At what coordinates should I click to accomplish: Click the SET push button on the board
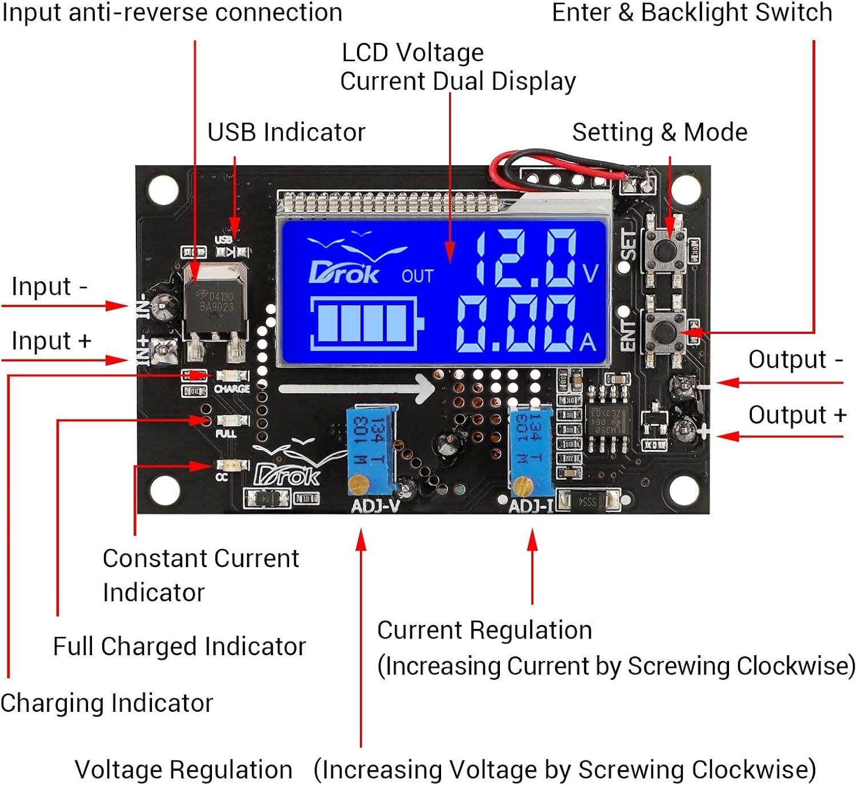pos(664,249)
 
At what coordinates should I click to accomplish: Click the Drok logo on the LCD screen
pos(344,273)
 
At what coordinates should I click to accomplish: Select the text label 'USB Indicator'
pos(286,132)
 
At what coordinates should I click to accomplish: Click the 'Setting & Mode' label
pos(659,132)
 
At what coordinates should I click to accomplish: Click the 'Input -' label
pos(50,286)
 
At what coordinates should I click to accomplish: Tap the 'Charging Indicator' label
pos(107,703)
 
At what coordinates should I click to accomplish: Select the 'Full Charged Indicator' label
pos(179,646)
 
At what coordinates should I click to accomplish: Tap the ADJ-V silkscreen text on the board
pos(375,506)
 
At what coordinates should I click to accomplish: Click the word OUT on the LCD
pos(417,276)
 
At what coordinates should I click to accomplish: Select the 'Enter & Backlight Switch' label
pos(691,13)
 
